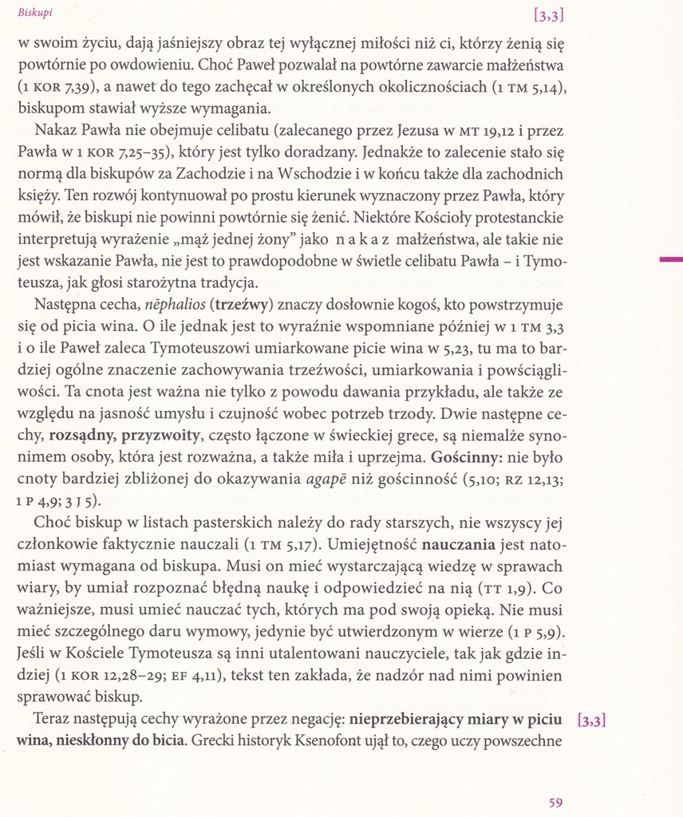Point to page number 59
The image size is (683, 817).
[x=557, y=801]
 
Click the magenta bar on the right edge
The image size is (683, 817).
[x=670, y=259]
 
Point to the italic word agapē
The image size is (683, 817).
[x=329, y=480]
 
